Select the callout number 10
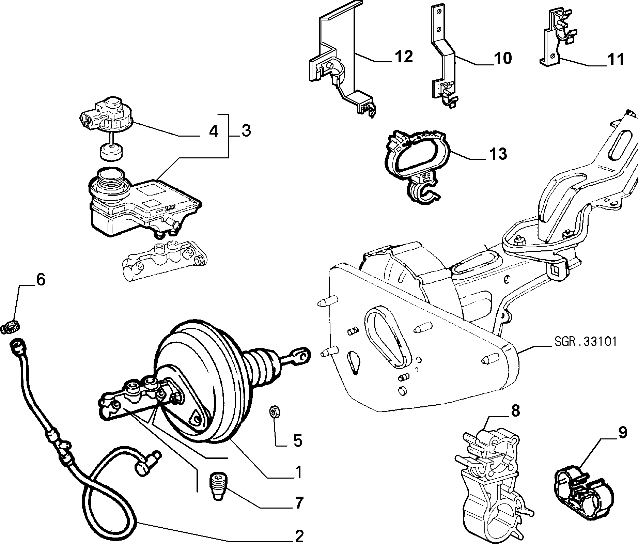coord(503,58)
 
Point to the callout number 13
coord(498,154)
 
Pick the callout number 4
coord(214,131)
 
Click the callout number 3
coord(246,130)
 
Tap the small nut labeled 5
coord(274,411)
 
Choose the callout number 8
coord(515,411)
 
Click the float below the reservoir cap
coord(111,152)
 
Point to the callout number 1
coord(298,472)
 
